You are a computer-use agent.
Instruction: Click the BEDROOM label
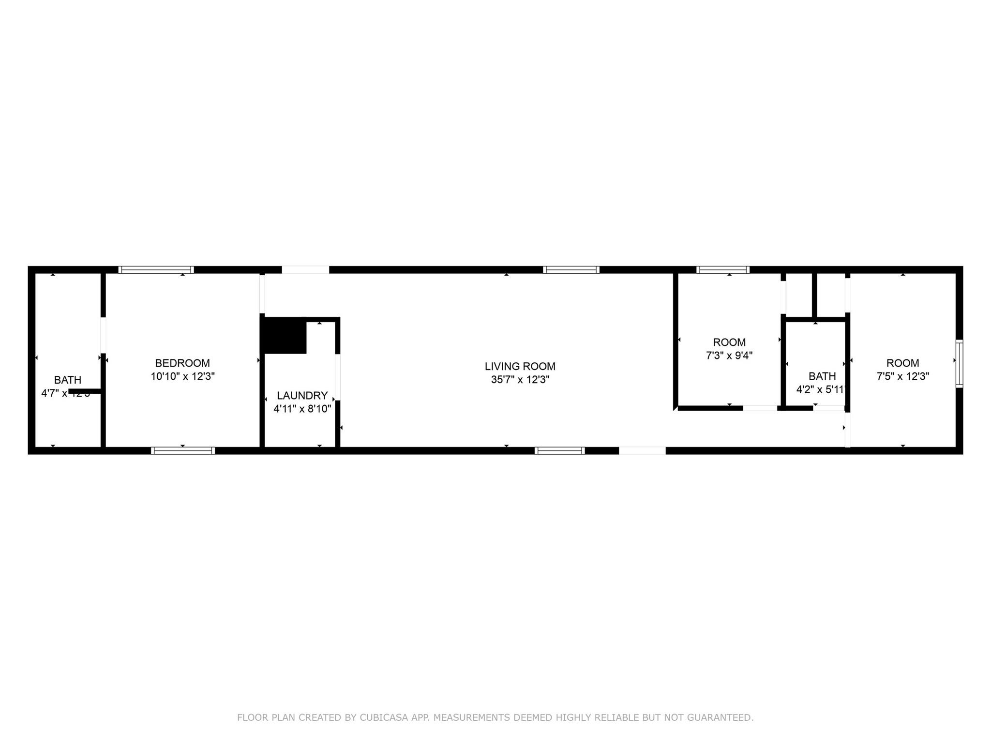tap(182, 363)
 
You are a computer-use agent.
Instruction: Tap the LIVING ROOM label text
tap(520, 366)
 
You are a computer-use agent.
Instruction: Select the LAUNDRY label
tap(302, 395)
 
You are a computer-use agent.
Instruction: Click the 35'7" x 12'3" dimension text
tap(520, 380)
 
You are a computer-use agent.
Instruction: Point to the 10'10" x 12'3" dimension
tap(182, 376)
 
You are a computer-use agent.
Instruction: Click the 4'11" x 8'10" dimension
tap(302, 409)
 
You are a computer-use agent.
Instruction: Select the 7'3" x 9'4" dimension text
tap(729, 356)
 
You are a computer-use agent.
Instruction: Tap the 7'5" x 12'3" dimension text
tap(902, 376)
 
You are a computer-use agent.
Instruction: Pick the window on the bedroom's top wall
tap(156, 270)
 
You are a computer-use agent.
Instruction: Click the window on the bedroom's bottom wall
tap(183, 450)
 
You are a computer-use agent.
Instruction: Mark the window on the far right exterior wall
tap(959, 363)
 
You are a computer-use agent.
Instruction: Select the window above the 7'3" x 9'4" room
tap(723, 270)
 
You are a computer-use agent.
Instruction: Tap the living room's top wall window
tap(571, 270)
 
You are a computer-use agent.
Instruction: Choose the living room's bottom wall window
tap(559, 450)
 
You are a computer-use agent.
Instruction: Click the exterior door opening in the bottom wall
tap(642, 450)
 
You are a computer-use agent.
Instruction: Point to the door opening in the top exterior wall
tap(305, 270)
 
